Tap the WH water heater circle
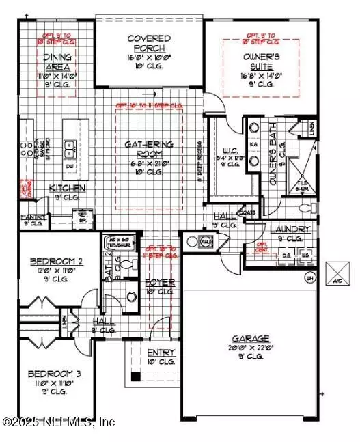(x=310, y=277)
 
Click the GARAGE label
(x=251, y=337)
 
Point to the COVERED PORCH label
(x=148, y=43)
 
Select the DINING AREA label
(x=59, y=62)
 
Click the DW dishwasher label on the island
(x=70, y=165)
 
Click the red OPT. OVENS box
(x=27, y=188)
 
